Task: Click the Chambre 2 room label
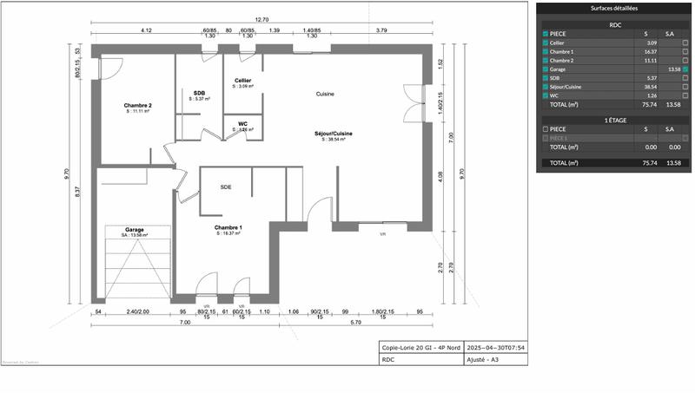pos(138,106)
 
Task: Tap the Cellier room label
pos(243,81)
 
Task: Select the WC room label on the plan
pos(243,124)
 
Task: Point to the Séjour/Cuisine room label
pos(334,134)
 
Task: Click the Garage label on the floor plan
pos(135,230)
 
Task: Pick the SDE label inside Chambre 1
pos(226,187)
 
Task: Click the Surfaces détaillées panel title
pos(614,8)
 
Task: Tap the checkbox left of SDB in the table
pos(546,78)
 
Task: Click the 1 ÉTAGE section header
pos(614,120)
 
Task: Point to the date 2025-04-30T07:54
pos(496,347)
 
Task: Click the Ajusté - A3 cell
pos(484,359)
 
